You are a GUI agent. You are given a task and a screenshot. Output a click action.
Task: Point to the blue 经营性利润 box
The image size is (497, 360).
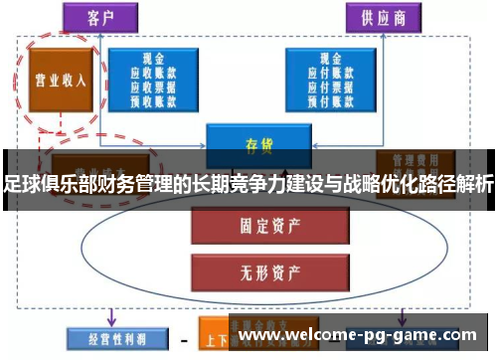105,338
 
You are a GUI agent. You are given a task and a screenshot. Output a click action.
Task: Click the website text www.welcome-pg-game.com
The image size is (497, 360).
357,335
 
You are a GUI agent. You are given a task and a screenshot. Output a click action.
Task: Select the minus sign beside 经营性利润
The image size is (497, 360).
183,338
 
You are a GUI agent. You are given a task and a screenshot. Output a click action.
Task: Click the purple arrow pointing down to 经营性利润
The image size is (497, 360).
110,317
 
